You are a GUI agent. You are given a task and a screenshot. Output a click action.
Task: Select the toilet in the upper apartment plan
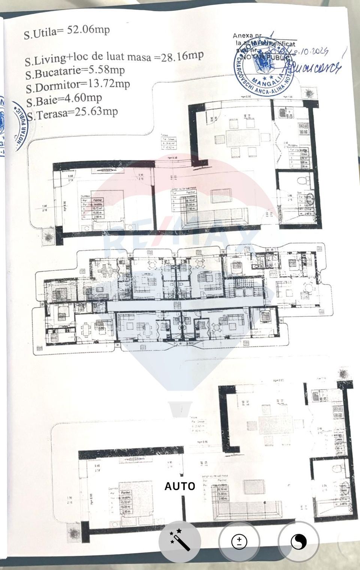302,181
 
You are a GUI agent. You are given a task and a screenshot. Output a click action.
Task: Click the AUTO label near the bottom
180,486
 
